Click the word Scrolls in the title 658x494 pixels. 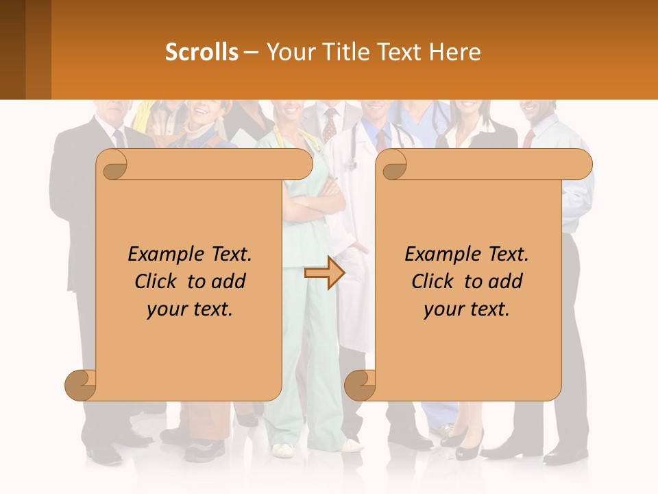[x=202, y=52]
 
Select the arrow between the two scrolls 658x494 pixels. [x=324, y=273]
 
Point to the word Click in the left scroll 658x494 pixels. [x=158, y=281]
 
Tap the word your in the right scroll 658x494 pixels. [x=442, y=309]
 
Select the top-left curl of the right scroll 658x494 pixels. [x=393, y=165]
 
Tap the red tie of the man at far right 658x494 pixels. [x=528, y=137]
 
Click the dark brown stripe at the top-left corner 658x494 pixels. [x=12, y=49]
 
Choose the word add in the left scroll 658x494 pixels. [x=230, y=281]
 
